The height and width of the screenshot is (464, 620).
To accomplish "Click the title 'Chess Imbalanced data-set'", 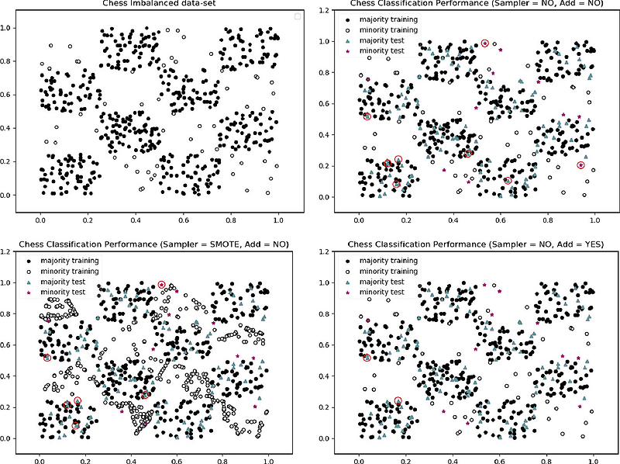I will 155,5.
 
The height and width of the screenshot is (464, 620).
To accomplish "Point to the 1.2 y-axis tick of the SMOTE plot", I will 7,252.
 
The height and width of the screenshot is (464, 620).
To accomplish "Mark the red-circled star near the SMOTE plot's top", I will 161,286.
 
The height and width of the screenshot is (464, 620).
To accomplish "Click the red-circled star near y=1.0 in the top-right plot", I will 485,43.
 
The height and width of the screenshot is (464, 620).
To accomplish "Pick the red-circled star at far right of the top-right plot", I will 581,164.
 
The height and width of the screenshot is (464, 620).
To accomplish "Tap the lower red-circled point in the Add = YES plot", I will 398,401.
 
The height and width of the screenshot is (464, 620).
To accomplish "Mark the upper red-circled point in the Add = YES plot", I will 367,358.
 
